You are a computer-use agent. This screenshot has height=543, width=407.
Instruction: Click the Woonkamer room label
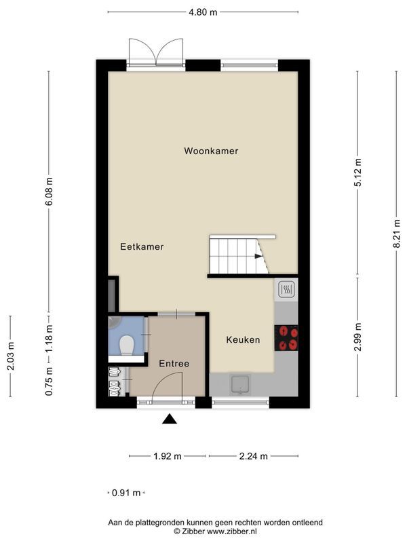(211, 151)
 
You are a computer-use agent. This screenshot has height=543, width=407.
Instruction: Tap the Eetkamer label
(142, 246)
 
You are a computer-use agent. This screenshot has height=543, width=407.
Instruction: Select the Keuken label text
(243, 340)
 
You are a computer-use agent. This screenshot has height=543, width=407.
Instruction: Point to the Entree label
(174, 364)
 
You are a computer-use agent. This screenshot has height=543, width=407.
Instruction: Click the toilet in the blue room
(126, 345)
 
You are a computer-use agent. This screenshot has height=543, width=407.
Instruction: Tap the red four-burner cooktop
(286, 338)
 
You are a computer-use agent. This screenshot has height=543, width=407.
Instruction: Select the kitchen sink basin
(241, 385)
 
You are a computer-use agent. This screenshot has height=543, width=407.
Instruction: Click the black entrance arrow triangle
(170, 419)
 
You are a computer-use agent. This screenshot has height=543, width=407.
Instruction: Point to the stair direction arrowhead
(258, 257)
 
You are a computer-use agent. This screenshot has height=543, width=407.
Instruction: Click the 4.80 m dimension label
(203, 12)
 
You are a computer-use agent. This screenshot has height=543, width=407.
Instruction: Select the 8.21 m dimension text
(397, 233)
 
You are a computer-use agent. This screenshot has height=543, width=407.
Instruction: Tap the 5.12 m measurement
(358, 172)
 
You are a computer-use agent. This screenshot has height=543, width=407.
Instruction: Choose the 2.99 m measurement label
(358, 337)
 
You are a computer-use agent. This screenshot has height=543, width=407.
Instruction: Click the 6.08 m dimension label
(49, 191)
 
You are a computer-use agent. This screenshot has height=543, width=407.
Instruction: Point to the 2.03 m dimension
(11, 356)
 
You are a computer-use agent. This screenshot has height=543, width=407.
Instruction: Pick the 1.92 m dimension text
(168, 456)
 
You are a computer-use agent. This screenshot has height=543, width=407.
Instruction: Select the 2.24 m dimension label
(253, 456)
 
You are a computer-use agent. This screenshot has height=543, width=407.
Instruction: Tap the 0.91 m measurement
(126, 493)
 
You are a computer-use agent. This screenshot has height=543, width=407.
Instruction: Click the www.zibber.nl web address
(232, 531)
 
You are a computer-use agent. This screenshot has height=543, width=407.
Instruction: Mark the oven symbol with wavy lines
(286, 290)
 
